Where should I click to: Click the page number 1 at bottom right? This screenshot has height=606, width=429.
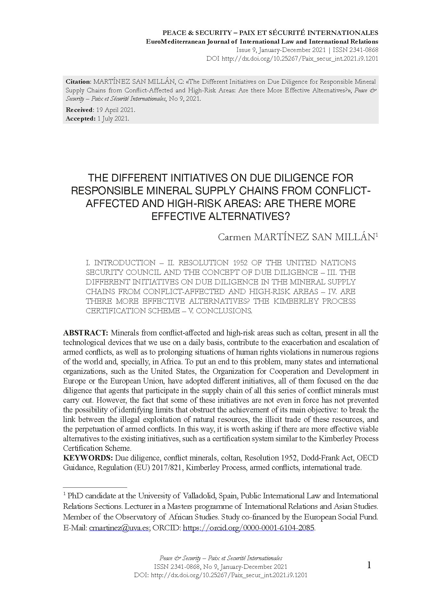[369, 565]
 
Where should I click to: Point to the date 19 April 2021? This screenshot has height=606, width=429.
[115, 110]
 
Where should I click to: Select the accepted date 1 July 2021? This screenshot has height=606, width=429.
[113, 119]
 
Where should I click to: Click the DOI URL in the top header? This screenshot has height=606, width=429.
[300, 58]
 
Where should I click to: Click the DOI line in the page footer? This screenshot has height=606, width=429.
[220, 575]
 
